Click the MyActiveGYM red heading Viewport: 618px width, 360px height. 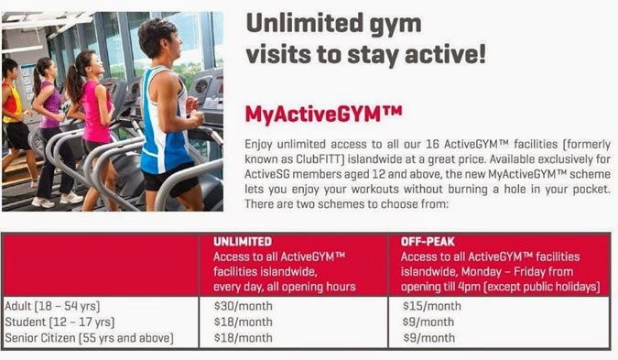323,115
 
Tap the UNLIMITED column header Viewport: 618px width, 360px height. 243,241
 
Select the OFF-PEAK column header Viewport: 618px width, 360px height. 428,241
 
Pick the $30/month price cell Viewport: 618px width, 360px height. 244,306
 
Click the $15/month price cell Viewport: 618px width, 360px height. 431,306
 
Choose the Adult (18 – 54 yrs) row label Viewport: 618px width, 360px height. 52,306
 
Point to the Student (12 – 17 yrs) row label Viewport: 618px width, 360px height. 60,322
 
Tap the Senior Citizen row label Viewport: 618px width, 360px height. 89,338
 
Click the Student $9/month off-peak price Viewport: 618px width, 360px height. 428,322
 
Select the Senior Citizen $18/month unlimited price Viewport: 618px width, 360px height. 244,338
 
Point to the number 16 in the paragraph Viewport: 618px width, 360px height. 432,144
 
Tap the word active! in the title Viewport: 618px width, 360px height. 445,54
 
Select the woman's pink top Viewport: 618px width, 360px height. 95,113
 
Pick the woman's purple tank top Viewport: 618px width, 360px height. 51,104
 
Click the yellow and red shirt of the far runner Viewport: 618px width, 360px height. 11,103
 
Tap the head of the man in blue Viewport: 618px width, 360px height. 159,38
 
